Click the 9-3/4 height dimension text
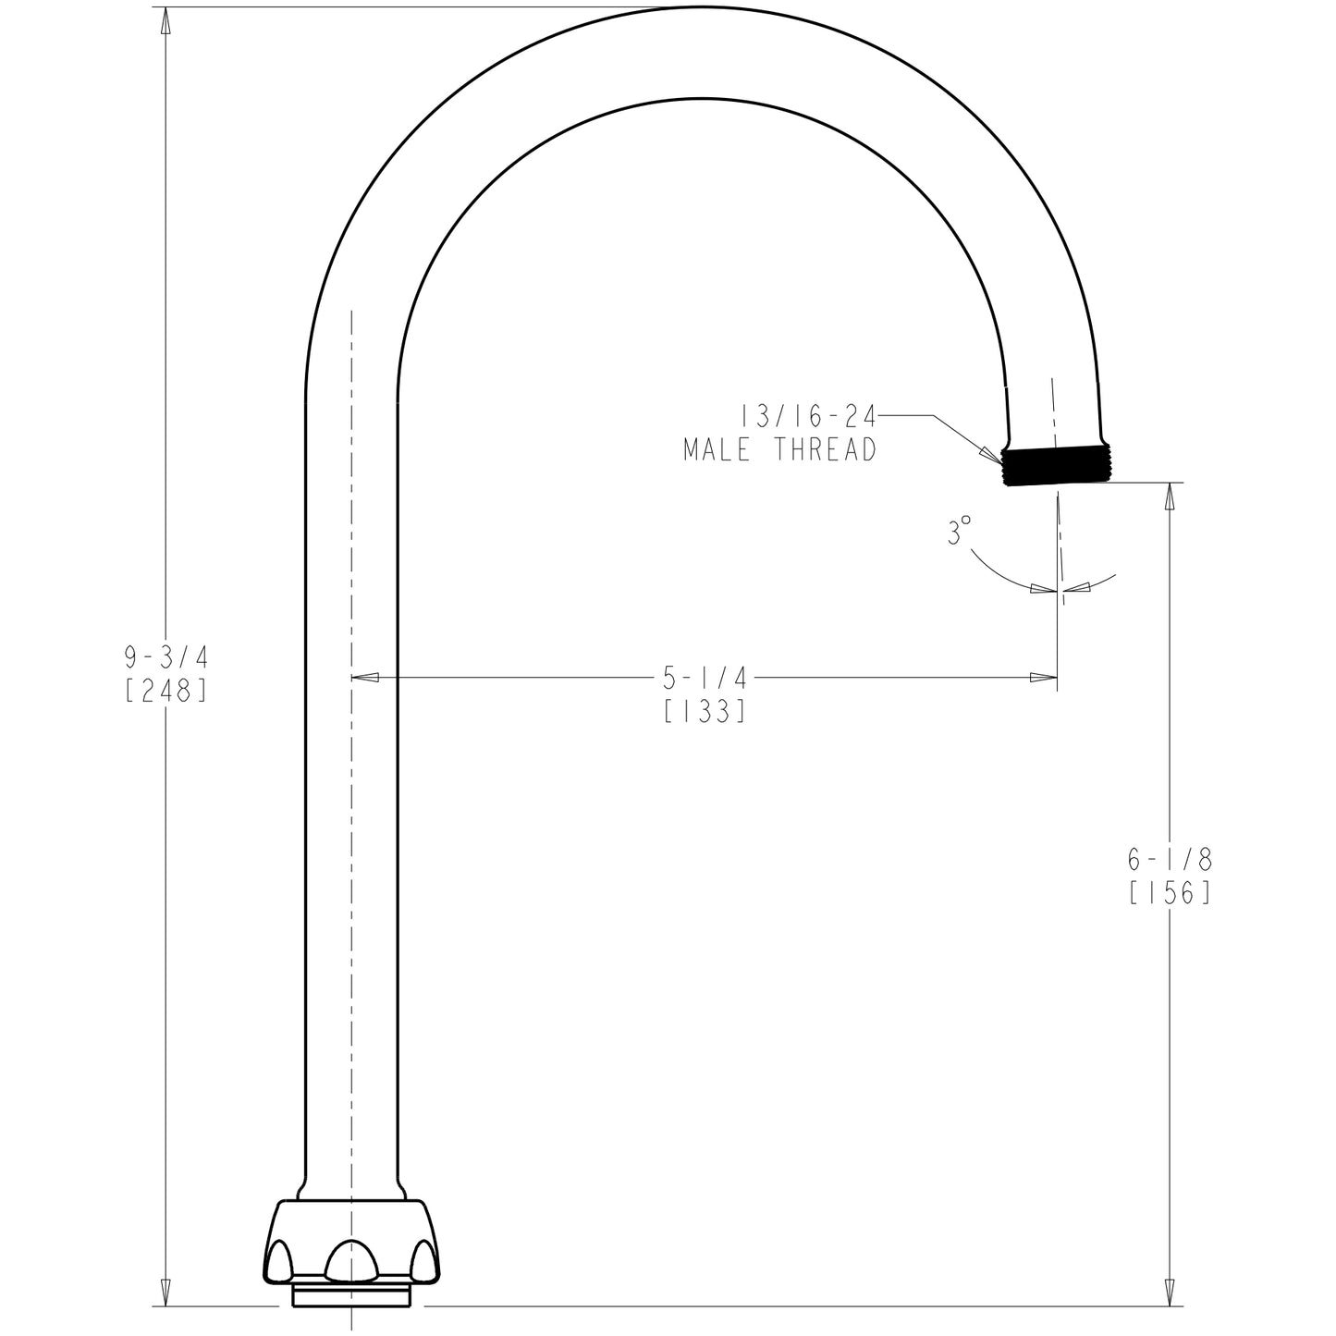tap(166, 657)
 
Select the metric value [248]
tap(165, 691)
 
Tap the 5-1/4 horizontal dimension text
tap(705, 679)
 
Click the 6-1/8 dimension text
tap(1170, 860)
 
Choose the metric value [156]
tap(1170, 893)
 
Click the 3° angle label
tap(960, 532)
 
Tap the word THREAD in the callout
tap(825, 450)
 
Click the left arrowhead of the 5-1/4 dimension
tap(365, 678)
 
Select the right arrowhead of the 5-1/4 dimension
tap(1044, 678)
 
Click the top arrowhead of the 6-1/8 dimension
tap(1170, 496)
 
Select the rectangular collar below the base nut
tap(351, 1294)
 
